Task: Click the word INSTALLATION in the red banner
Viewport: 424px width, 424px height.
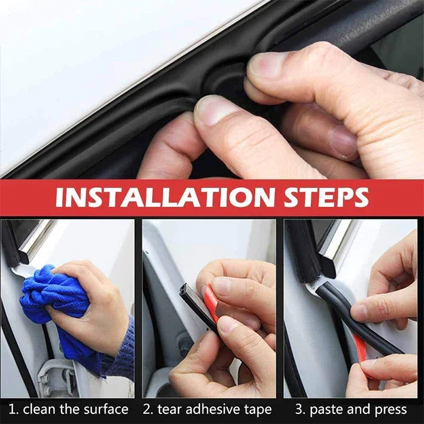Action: click(x=164, y=197)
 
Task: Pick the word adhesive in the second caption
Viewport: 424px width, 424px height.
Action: click(x=213, y=409)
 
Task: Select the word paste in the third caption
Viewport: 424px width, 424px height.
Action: click(x=326, y=409)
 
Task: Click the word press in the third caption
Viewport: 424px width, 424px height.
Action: click(x=390, y=409)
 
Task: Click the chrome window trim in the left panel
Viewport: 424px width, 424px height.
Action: click(x=34, y=238)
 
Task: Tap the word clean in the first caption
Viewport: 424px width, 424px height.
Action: click(x=38, y=409)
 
